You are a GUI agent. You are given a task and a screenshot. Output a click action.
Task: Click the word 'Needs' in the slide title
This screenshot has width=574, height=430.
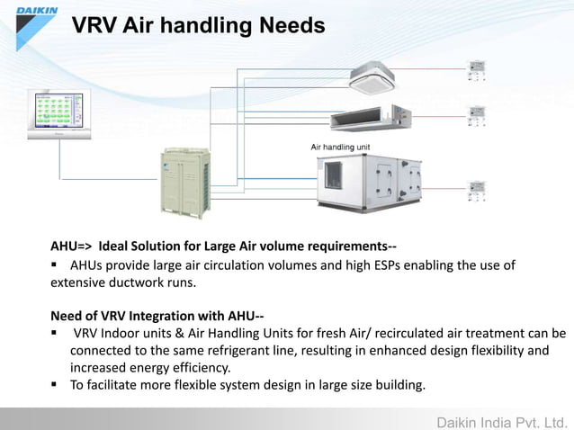point(291,26)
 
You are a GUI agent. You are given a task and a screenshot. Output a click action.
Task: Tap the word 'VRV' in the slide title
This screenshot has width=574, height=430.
point(97,26)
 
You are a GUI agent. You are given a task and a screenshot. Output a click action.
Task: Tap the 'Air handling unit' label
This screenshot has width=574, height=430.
point(340,147)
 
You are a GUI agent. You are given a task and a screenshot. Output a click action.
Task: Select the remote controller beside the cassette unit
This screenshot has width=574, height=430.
point(475,71)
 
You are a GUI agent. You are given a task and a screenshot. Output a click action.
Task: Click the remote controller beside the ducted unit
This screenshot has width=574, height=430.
point(475,115)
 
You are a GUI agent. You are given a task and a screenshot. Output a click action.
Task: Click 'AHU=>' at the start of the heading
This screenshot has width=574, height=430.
point(71,246)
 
